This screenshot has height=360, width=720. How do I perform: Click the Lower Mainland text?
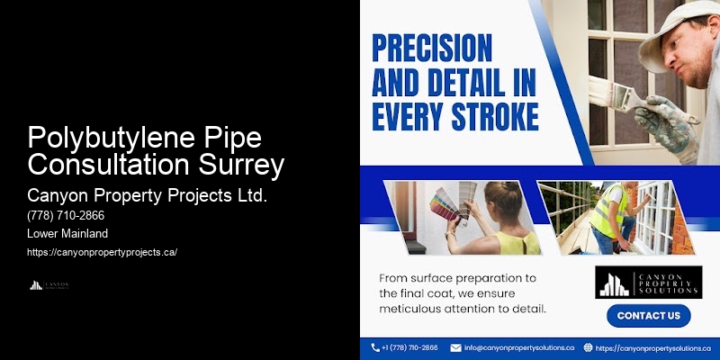click(68, 233)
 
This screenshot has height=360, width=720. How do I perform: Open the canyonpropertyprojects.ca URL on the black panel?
click(102, 252)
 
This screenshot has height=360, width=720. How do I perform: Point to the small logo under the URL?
click(49, 285)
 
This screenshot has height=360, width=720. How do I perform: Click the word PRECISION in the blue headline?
click(433, 46)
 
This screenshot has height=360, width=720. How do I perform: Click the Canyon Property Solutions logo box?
click(648, 282)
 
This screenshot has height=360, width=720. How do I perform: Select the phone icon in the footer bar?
click(375, 347)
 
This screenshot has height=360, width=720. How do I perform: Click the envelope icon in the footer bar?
click(455, 347)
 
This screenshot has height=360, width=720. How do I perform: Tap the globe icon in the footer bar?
click(588, 347)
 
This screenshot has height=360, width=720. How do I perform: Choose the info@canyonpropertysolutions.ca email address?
click(519, 347)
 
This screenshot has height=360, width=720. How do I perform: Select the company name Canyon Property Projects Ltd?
click(147, 194)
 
